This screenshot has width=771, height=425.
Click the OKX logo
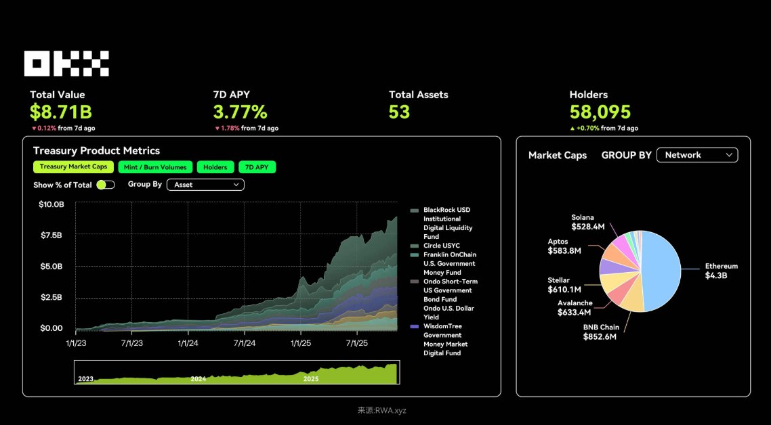pyautogui.click(x=66, y=64)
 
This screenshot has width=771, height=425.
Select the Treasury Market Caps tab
pyautogui.click(x=73, y=167)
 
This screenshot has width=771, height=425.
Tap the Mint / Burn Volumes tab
pyautogui.click(x=155, y=167)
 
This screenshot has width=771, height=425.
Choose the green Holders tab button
pyautogui.click(x=215, y=167)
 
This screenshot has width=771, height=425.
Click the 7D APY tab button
pyautogui.click(x=257, y=167)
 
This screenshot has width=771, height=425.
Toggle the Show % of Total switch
pyautogui.click(x=106, y=184)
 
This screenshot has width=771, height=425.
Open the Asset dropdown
pyautogui.click(x=205, y=184)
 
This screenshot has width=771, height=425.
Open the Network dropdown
pyautogui.click(x=697, y=155)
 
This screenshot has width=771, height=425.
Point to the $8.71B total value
pyautogui.click(x=60, y=112)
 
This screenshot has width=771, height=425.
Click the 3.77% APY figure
pyautogui.click(x=240, y=112)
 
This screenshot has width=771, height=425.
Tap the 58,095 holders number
pyautogui.click(x=600, y=112)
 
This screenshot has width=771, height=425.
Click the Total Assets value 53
pyautogui.click(x=399, y=112)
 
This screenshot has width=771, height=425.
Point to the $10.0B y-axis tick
pyautogui.click(x=51, y=204)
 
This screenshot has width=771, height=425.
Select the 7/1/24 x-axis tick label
pyautogui.click(x=244, y=343)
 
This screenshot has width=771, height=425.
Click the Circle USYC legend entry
pyautogui.click(x=441, y=246)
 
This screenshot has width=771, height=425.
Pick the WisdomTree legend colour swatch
pyautogui.click(x=414, y=326)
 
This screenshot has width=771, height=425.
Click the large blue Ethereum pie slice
pyautogui.click(x=661, y=271)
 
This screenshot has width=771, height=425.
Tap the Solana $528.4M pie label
pyautogui.click(x=587, y=223)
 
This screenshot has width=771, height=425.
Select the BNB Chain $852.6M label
pyautogui.click(x=600, y=332)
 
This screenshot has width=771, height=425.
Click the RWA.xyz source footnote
pyautogui.click(x=382, y=410)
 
